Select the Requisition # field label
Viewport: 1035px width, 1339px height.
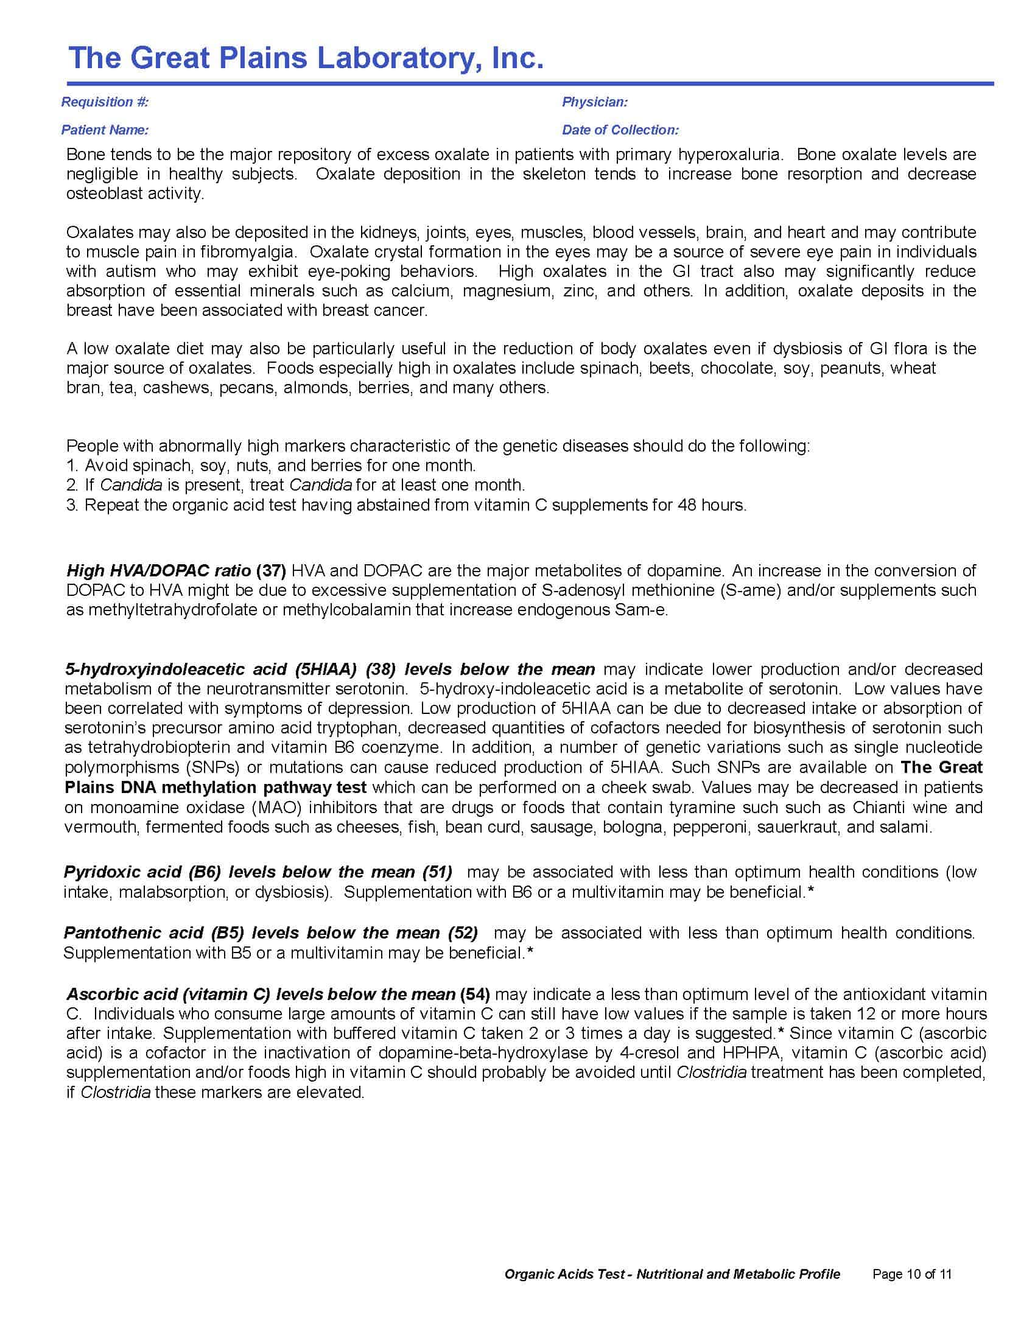(104, 102)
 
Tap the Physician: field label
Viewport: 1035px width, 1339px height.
(594, 102)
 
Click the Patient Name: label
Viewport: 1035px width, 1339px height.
(104, 130)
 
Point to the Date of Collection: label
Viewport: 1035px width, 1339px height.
(620, 130)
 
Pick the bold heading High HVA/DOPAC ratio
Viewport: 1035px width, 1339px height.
(158, 571)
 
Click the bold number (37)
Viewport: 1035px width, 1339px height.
(270, 571)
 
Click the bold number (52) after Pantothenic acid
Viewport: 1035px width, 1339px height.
(462, 932)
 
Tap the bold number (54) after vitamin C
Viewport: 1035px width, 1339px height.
(475, 994)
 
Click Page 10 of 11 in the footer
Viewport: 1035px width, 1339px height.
(911, 1274)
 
